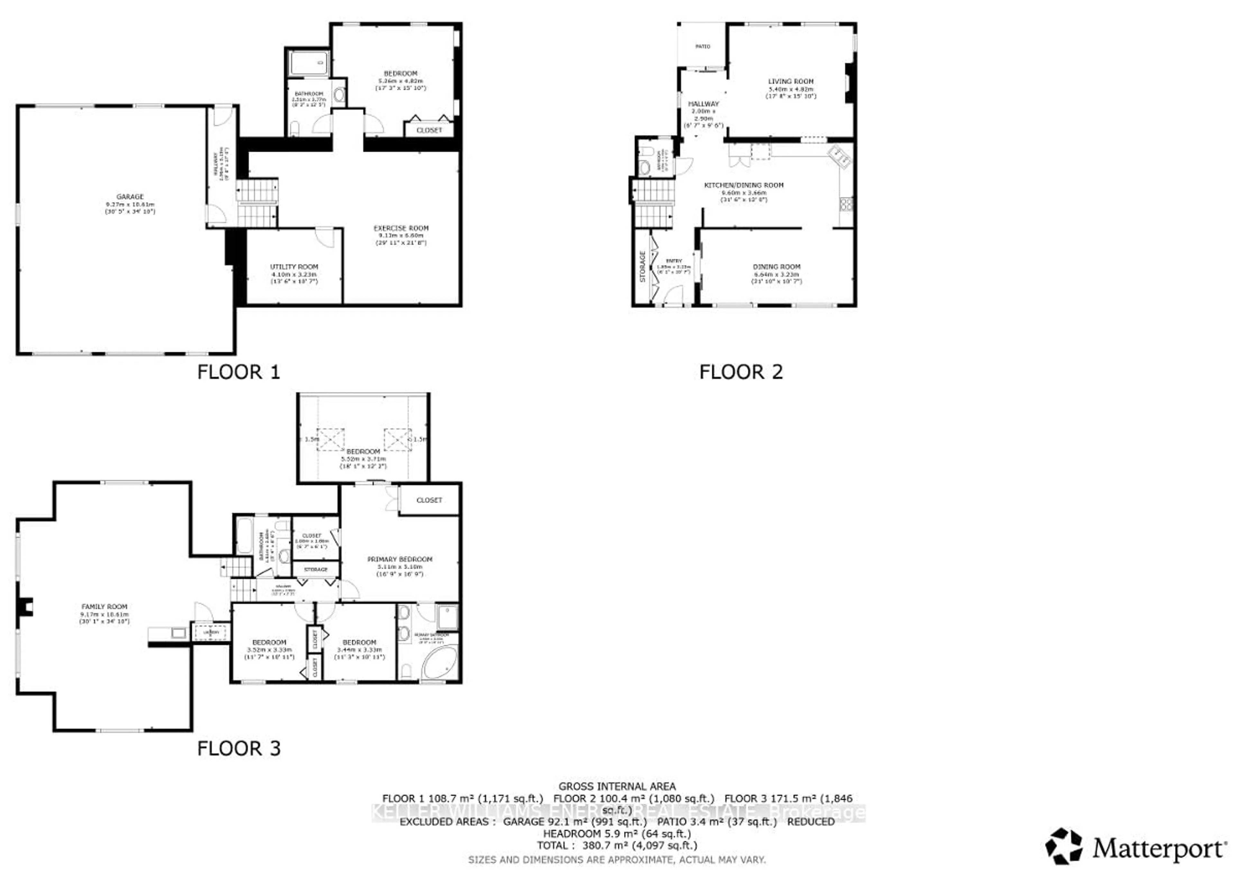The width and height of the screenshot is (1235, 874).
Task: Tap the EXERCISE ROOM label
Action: coord(401,228)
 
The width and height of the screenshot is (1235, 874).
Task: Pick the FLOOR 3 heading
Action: coord(238,748)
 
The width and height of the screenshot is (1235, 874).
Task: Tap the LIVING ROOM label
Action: coord(791,82)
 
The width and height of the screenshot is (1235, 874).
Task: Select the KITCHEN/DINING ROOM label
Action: coord(744,185)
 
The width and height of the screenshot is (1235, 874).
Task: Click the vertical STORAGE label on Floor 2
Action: coord(642,266)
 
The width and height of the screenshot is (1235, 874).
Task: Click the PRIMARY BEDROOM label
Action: coord(399,559)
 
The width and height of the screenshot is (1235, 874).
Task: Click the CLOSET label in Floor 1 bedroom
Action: coord(429,130)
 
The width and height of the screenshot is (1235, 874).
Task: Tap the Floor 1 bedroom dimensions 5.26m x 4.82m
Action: coord(400,81)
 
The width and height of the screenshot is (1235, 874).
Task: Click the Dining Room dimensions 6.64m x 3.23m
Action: coord(776,274)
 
